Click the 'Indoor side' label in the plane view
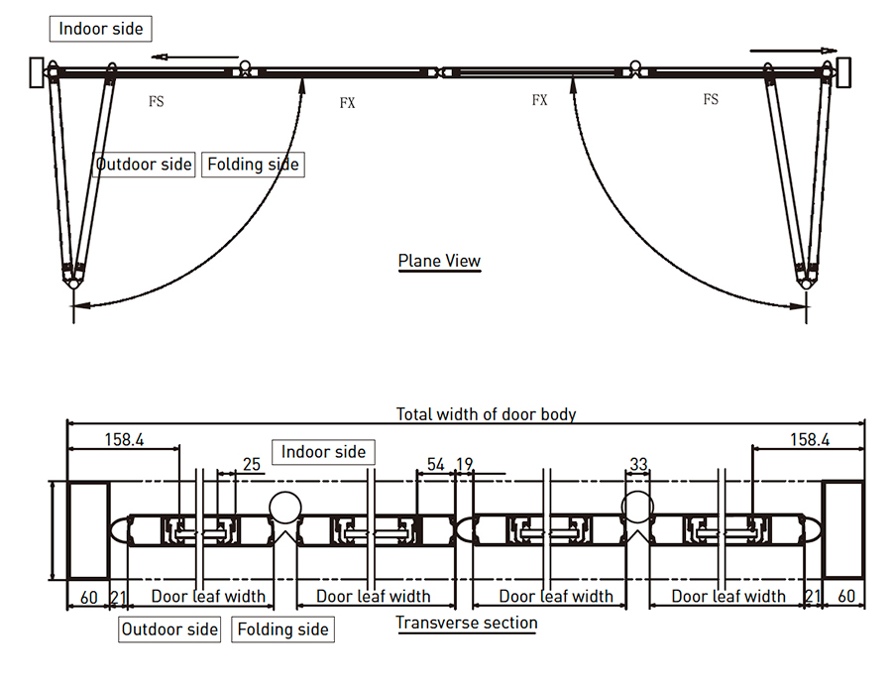[x=100, y=28]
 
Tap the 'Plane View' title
[x=439, y=262]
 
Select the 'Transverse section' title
[x=467, y=624]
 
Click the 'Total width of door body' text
[x=486, y=413]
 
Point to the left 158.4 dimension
[x=124, y=438]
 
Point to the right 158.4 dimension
[x=810, y=438]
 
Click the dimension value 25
[x=251, y=464]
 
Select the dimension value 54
[x=436, y=464]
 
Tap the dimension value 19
[x=464, y=464]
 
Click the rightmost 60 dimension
[x=845, y=596]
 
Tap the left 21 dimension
[x=118, y=596]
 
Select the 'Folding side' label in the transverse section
[x=283, y=629]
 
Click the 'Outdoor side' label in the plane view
[x=144, y=164]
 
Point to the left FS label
[x=156, y=100]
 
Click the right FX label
[x=539, y=100]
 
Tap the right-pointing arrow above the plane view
[x=793, y=48]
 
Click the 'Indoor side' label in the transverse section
[x=324, y=452]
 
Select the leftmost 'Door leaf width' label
[x=208, y=596]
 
